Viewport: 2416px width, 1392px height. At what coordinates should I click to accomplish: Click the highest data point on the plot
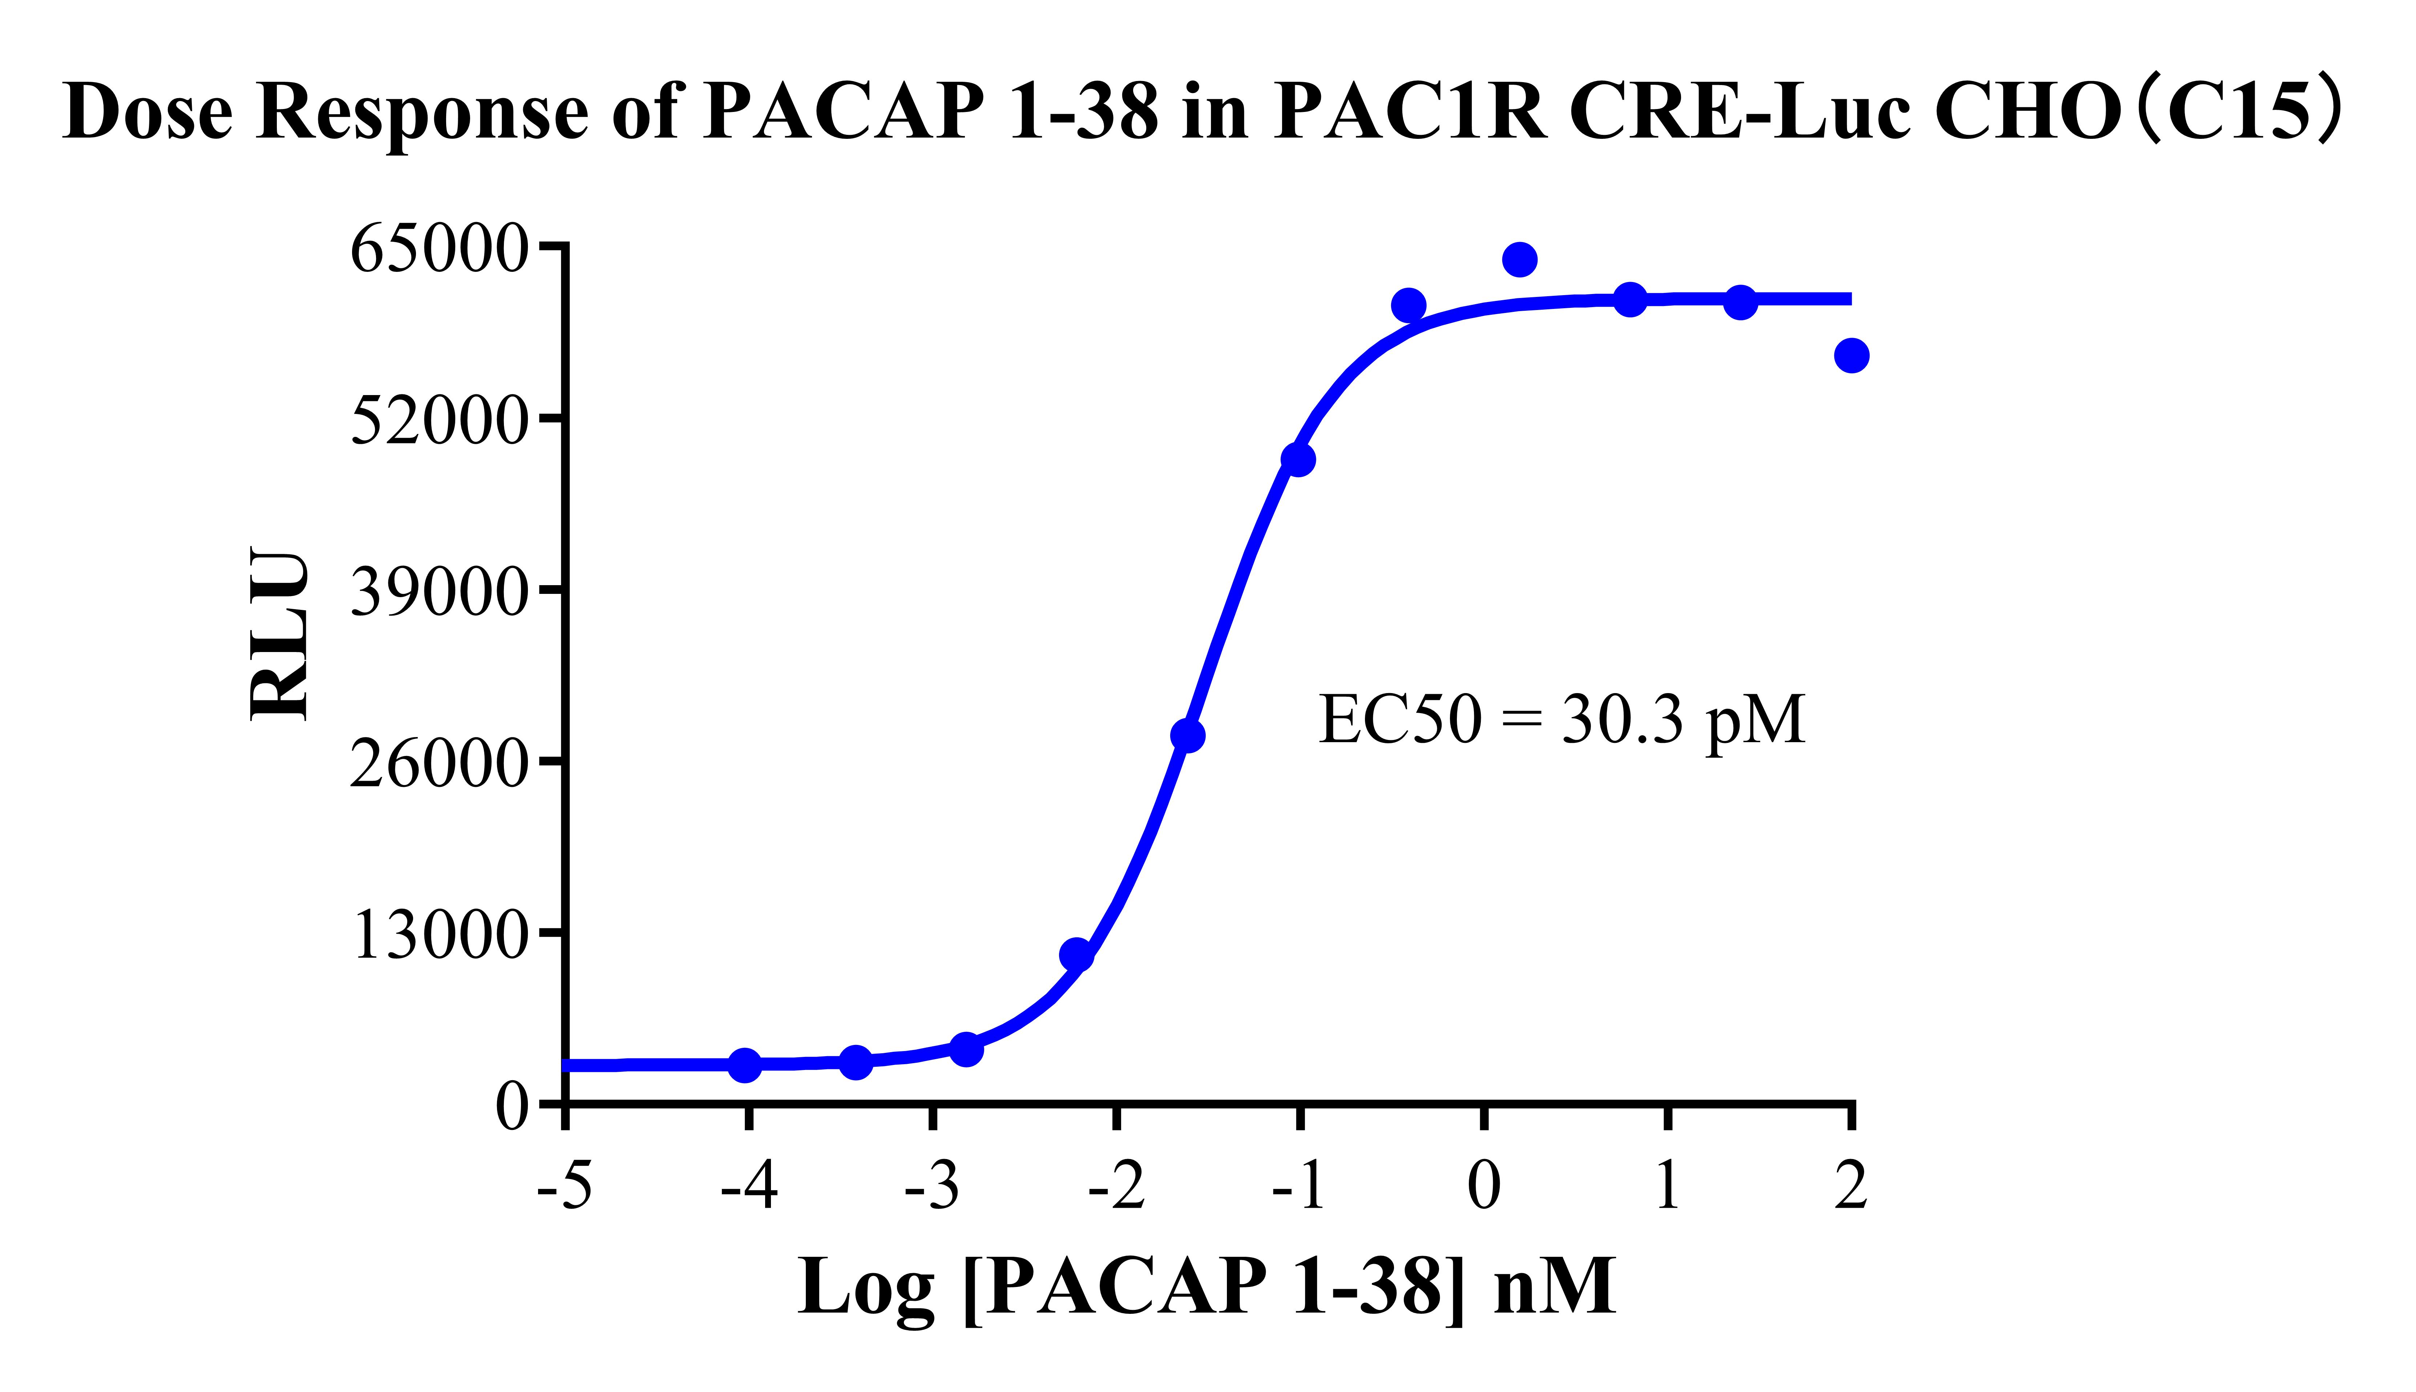tap(1519, 259)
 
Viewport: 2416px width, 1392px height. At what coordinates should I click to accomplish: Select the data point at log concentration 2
tap(1851, 356)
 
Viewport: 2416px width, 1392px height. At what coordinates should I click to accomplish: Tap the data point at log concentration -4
tap(746, 1065)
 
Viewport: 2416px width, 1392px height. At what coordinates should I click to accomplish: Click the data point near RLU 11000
tap(1076, 954)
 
